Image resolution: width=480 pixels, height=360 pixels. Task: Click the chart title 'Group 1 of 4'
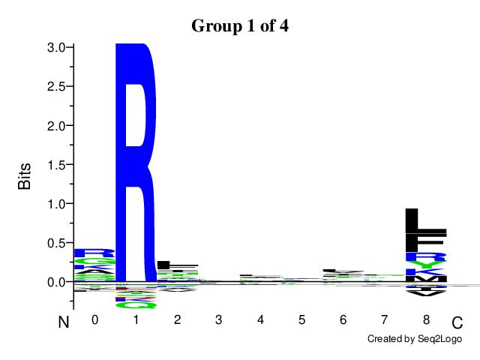(x=240, y=25)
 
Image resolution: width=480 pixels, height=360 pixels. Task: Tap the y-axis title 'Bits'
(x=25, y=174)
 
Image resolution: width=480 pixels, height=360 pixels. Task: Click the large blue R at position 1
(x=136, y=161)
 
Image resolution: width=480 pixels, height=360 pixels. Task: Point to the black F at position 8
(x=425, y=244)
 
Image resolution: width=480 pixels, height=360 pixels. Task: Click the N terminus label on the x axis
(x=64, y=323)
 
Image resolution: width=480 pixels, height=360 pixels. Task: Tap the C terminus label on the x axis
(x=457, y=323)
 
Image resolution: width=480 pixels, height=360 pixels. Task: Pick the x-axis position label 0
(x=94, y=320)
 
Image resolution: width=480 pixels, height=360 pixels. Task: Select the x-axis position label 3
(x=219, y=320)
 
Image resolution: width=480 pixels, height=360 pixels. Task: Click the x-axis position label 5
(x=301, y=320)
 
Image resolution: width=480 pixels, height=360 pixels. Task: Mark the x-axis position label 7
(x=385, y=320)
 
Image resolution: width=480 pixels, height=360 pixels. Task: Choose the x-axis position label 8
(x=426, y=320)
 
